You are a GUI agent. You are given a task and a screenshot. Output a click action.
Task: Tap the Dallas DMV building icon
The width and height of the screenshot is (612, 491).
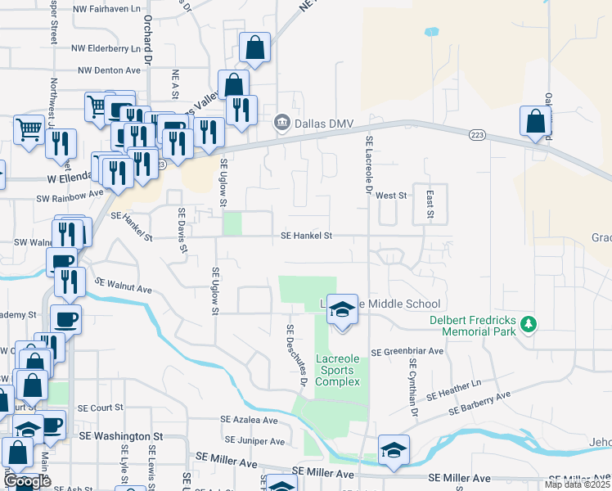(281, 122)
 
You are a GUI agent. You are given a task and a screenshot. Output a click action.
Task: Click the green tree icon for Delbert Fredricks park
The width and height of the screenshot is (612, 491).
(529, 325)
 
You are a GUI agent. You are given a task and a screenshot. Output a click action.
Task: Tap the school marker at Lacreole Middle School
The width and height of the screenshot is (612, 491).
(343, 309)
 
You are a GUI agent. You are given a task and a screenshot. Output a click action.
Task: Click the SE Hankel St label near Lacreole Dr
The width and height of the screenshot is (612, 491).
(306, 236)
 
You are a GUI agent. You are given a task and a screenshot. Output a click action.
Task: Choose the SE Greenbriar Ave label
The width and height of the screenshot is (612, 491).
(407, 351)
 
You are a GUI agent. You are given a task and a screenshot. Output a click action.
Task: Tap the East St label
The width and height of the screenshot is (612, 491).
(429, 203)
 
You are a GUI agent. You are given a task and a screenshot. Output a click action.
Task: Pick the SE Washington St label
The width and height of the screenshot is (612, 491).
(121, 436)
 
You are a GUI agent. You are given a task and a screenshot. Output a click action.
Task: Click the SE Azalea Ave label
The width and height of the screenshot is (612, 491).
(251, 420)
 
